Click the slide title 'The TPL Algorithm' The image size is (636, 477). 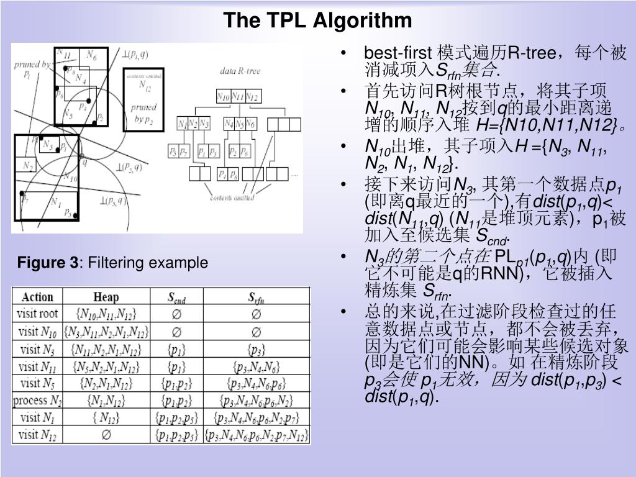point(317,20)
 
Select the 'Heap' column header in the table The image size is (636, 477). point(106,298)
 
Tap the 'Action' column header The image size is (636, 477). point(37,298)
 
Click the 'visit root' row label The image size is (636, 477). point(37,314)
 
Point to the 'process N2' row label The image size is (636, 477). point(37,401)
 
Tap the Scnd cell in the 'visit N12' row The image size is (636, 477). point(176,435)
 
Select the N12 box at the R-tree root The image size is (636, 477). point(253,96)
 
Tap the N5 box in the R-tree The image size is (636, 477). point(239,123)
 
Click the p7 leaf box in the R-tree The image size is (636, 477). point(184,152)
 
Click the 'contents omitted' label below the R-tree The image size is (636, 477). point(232,199)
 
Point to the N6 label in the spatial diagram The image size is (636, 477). point(91,55)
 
